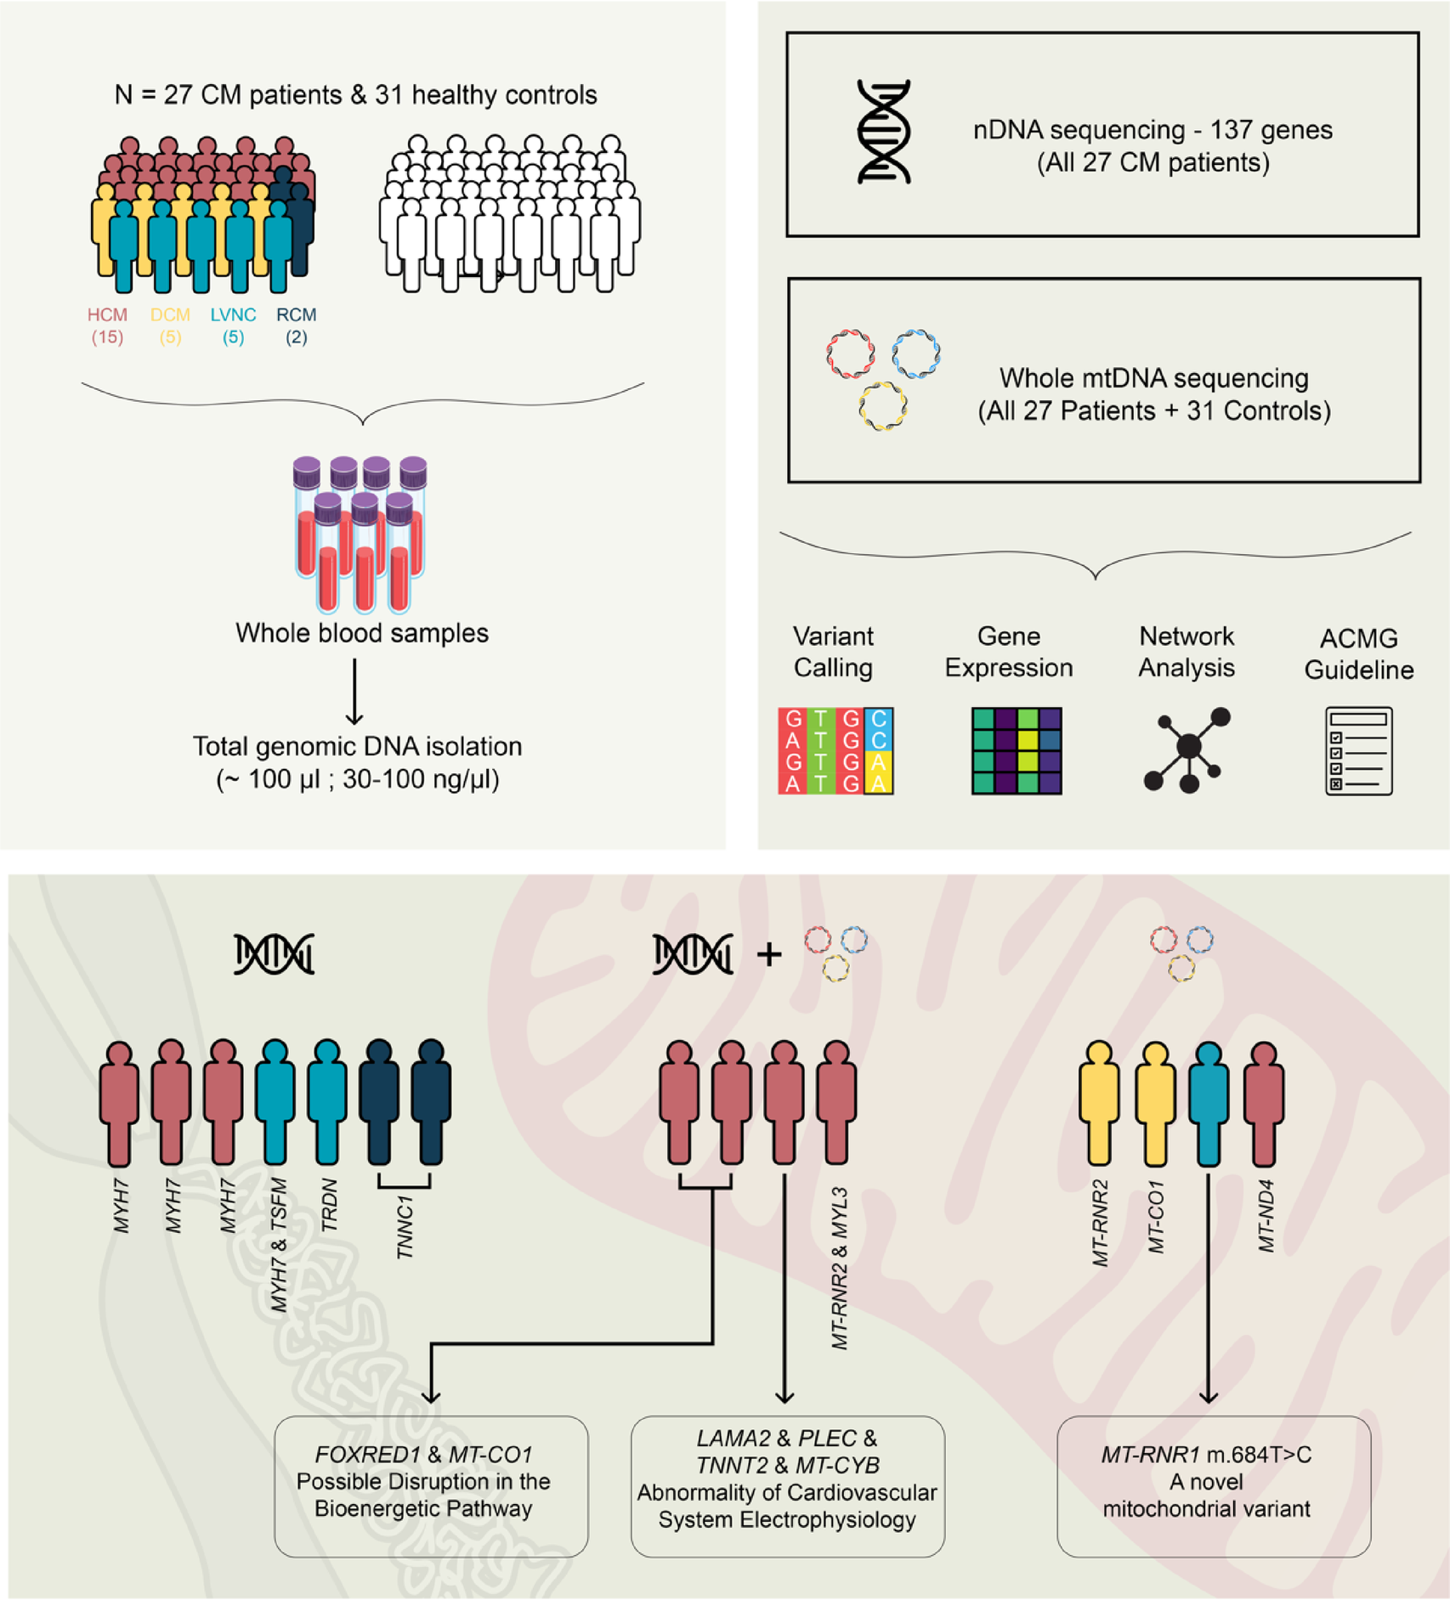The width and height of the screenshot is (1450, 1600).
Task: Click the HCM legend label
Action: coord(107,315)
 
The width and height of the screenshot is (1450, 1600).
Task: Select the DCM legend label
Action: coord(170,315)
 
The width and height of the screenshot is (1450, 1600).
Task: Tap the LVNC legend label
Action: coord(233,315)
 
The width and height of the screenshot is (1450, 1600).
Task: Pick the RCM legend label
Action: coord(296,315)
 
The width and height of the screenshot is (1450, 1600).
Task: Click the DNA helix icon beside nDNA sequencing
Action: coord(884,132)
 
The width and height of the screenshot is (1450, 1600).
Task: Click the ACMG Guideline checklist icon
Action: coord(1358,751)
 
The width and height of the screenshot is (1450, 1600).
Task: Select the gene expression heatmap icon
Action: coord(1017,751)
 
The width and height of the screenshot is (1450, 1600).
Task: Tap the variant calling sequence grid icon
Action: coord(835,751)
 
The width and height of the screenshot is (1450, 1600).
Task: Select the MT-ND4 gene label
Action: coord(1266,1216)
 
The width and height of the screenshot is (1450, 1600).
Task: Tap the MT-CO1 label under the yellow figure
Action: coord(1156,1217)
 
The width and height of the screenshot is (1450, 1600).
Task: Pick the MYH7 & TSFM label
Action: coord(279,1245)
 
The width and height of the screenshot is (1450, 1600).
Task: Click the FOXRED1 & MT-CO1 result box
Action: coord(431,1486)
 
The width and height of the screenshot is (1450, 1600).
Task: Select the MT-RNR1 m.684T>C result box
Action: coord(1213,1486)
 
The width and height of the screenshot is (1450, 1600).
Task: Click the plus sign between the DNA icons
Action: coord(769,954)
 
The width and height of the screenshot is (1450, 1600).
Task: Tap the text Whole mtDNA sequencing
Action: coord(1153,378)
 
